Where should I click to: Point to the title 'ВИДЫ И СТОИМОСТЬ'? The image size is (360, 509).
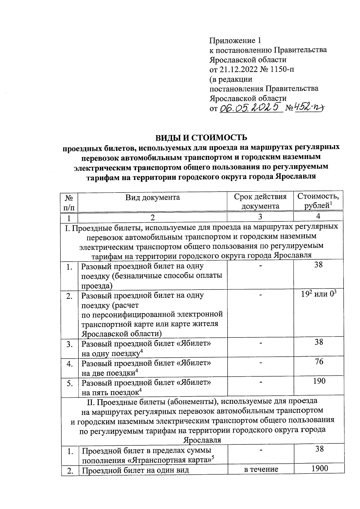[x=201, y=137]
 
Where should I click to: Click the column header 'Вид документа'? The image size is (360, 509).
[x=152, y=197]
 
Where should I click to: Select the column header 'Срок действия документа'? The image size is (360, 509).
[x=260, y=201]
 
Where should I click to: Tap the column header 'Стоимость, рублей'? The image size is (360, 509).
[x=318, y=201]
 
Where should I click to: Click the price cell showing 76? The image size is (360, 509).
[x=319, y=361]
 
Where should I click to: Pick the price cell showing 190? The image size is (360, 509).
[x=319, y=381]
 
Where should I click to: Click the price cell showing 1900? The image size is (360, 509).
[x=319, y=469]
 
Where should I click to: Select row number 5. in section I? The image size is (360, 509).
[x=70, y=383]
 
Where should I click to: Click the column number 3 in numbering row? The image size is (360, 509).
[x=260, y=217]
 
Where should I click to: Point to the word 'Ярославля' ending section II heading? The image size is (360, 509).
[x=202, y=440]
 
